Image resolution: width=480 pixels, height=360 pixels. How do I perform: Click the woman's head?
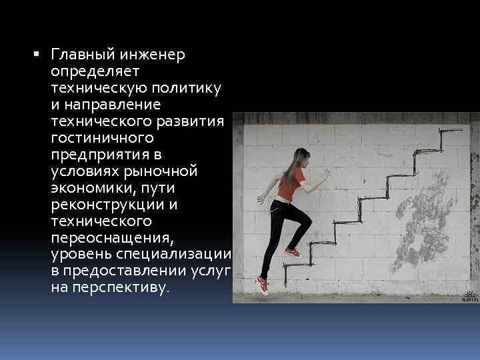click(x=300, y=158)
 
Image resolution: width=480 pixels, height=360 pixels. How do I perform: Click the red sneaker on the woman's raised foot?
click(x=292, y=252)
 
